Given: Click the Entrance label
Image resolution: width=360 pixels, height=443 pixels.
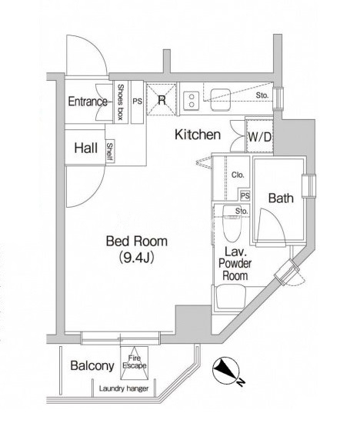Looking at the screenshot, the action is point(88,102).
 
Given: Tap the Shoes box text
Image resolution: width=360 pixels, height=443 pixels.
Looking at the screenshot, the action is point(120,102).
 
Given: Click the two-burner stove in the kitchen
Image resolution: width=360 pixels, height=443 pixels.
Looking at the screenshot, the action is point(192,101).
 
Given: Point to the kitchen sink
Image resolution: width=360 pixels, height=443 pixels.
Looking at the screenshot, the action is point(221,99).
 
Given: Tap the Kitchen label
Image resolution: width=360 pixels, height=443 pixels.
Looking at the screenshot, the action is point(198,135).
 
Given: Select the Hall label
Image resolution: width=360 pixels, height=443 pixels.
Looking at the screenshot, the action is point(86,148).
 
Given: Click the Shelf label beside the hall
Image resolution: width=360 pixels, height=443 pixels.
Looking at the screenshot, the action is point(110,152).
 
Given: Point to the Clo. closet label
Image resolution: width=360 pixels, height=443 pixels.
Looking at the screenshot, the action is point(238,175).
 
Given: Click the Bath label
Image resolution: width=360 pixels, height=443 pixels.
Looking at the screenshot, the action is point(281,198).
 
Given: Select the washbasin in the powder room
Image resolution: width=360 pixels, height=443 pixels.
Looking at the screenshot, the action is point(230,298).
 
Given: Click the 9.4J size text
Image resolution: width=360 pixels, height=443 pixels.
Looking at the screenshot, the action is point(136,257).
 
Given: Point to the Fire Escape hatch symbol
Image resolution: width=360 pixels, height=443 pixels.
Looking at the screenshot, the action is point(135,363).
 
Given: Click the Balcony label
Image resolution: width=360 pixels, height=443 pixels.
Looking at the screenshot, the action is point(92,365).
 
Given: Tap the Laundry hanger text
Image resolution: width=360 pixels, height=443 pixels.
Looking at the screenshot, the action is point(124,388).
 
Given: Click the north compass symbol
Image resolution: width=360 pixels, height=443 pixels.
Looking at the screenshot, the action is point(226,370).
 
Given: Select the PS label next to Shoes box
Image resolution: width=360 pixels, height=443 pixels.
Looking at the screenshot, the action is point(138,102).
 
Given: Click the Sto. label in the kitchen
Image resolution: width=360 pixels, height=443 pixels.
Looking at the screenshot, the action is point(262,95).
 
